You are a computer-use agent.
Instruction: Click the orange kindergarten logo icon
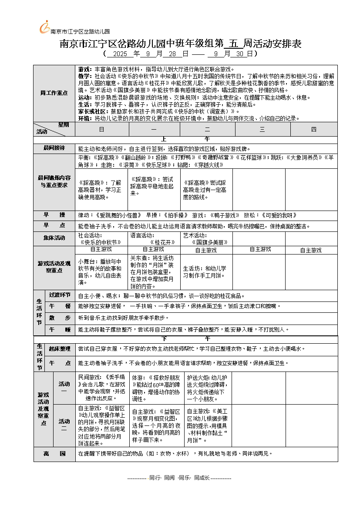point(44,27)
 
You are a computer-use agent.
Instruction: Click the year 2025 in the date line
point(119,54)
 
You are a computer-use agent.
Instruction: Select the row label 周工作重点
point(54,93)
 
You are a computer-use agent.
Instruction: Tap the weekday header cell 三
point(262,129)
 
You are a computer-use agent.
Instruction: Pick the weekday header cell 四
point(314,129)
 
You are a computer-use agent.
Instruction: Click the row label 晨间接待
point(54,148)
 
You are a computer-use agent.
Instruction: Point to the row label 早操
point(54,215)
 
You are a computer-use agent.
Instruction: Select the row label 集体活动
point(54,238)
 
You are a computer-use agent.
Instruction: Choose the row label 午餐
point(60,306)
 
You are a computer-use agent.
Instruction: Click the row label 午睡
point(60,330)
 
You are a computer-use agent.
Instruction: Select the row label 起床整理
point(60,349)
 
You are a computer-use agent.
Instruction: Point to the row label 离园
point(54,454)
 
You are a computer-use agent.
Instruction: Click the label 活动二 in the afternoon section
point(64,425)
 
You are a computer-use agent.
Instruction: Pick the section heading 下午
point(186,338)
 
